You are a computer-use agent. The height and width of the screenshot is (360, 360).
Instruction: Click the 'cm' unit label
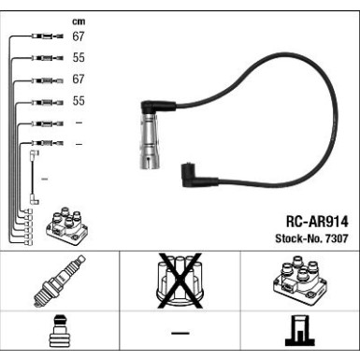point(79,22)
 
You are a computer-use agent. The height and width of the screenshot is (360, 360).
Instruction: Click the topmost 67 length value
point(79,36)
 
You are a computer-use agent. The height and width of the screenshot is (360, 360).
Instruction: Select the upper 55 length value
point(79,58)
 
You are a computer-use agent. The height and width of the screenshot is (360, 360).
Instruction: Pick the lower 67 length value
point(79,79)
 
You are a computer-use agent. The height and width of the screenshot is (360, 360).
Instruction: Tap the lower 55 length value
point(79,101)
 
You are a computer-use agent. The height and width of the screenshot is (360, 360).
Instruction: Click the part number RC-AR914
point(317,222)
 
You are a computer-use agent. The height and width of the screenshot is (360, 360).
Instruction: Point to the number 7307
point(337,238)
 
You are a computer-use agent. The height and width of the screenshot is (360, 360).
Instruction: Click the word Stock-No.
point(298,238)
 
